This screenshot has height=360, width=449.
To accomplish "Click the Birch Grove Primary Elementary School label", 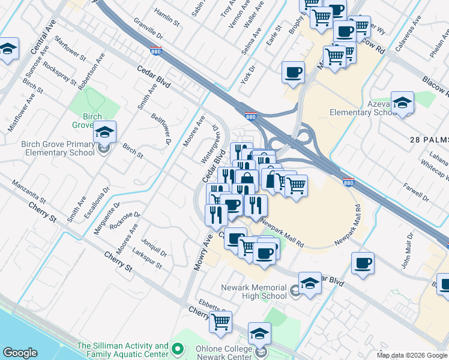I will click(58, 148).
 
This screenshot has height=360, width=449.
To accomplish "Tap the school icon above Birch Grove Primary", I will click(105, 131).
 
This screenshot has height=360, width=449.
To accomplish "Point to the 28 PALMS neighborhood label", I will click(429, 139).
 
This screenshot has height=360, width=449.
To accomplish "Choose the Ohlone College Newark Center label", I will click(224, 352).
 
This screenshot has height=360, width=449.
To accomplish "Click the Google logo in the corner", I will click(20, 353).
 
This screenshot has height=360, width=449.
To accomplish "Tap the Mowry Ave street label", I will click(199, 252).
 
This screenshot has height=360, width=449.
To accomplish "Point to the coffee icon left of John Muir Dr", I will click(363, 263).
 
